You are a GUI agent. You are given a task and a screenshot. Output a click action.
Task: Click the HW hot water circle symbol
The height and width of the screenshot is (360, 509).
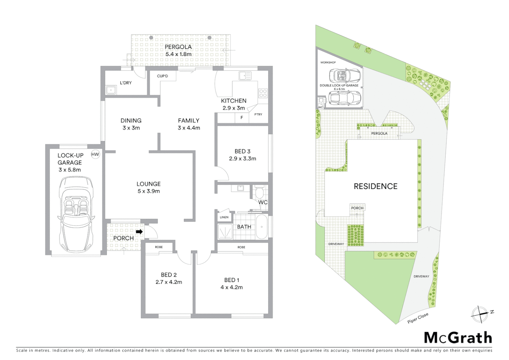coord(95,154)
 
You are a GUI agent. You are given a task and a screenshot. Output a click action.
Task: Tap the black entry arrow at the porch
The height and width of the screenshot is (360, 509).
coord(140,231)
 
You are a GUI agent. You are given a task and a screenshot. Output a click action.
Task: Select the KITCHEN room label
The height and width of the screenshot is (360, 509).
coord(234,101)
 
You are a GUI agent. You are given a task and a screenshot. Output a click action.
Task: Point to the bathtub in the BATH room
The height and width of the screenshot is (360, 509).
coord(261,227)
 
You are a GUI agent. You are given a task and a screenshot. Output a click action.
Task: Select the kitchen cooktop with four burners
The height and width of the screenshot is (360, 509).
coord(263,93)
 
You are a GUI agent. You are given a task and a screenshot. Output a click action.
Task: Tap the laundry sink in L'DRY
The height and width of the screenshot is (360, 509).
coord(110,90)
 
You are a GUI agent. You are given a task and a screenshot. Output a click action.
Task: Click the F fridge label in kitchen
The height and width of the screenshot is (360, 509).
coord(242,117)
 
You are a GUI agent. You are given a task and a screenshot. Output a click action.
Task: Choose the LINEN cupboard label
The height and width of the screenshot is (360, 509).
coord(224,217)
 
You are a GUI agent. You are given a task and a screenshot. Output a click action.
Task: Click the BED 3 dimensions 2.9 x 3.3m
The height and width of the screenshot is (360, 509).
coord(243,159)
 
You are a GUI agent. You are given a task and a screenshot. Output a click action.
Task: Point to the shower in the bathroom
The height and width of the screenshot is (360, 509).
coord(225,231)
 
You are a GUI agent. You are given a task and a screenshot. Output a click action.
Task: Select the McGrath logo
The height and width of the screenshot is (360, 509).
coord(458,338)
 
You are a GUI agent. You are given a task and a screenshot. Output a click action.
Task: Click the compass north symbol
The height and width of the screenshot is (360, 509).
coord(480,313)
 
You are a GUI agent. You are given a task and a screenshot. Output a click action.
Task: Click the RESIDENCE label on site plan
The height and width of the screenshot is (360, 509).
coord(375,186)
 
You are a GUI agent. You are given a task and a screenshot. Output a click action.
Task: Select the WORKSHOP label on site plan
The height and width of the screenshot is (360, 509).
coord(328,62)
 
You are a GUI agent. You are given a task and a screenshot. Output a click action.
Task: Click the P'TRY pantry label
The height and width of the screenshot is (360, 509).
coord(258,114)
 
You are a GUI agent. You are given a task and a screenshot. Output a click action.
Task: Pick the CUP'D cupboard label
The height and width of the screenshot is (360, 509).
coord(162,76)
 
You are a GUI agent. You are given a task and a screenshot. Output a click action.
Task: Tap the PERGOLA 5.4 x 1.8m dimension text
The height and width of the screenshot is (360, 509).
coord(178,54)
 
